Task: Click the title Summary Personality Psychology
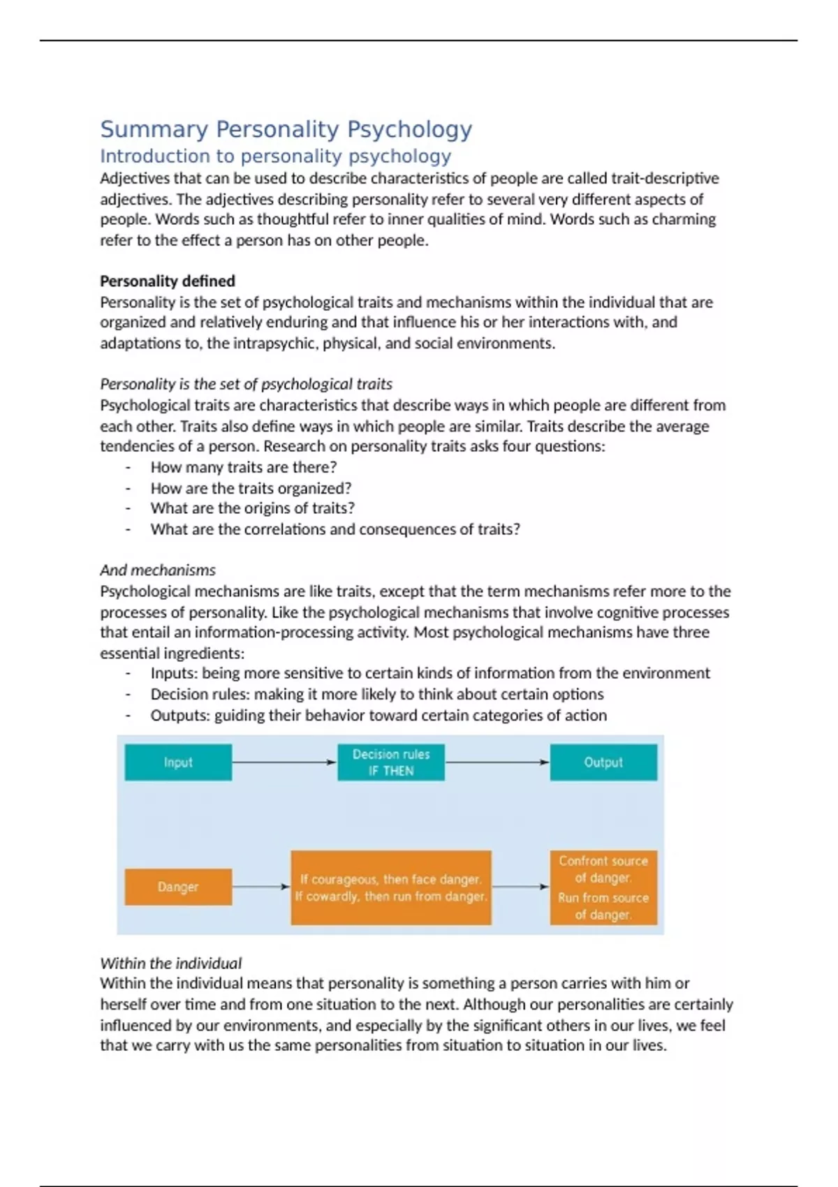pyautogui.click(x=286, y=129)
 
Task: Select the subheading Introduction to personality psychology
pyautogui.click(x=275, y=156)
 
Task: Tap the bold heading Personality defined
pyautogui.click(x=167, y=281)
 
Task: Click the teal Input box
pyautogui.click(x=178, y=762)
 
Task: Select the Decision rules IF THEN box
pyautogui.click(x=391, y=762)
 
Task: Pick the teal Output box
pyautogui.click(x=603, y=762)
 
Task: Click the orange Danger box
pyautogui.click(x=178, y=887)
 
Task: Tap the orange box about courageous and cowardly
pyautogui.click(x=391, y=887)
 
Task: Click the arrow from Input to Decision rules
pyautogui.click(x=284, y=762)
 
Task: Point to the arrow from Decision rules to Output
pyautogui.click(x=497, y=762)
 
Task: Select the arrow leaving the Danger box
pyautogui.click(x=260, y=887)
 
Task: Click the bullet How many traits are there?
pyautogui.click(x=243, y=467)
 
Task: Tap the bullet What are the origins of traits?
pyautogui.click(x=252, y=508)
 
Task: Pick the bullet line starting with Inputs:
pyautogui.click(x=429, y=673)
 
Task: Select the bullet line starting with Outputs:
pyautogui.click(x=378, y=715)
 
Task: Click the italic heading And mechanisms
pyautogui.click(x=157, y=570)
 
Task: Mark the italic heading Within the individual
pyautogui.click(x=170, y=963)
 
